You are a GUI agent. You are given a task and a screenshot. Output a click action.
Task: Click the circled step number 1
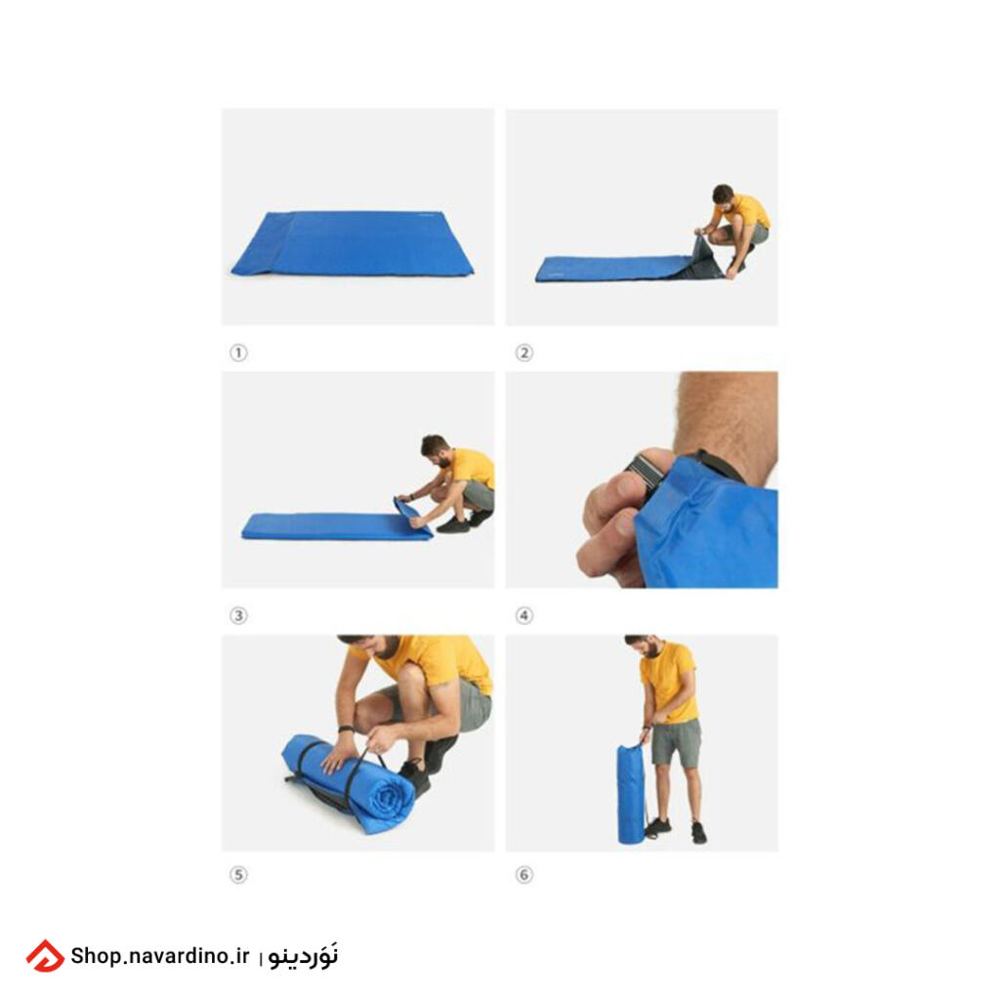tap(238, 353)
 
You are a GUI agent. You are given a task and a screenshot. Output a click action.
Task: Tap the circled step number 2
tap(523, 353)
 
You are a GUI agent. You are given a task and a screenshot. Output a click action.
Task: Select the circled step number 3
tap(238, 615)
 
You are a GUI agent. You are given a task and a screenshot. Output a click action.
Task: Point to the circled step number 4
tap(523, 615)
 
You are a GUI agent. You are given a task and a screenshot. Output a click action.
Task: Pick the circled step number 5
tap(238, 874)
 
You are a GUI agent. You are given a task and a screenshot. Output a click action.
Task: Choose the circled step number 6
tap(523, 874)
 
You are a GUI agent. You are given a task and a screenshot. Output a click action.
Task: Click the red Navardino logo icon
tap(45, 955)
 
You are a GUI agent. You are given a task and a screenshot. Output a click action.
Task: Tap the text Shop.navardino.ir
tap(159, 955)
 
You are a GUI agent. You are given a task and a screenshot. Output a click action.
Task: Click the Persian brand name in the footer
tap(303, 955)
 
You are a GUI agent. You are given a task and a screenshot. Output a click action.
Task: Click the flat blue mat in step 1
tap(354, 242)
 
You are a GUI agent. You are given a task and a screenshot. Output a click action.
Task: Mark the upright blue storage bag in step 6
tap(632, 793)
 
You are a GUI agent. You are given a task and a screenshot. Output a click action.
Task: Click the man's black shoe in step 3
tap(453, 525)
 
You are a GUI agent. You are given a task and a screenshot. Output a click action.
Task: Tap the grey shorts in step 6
tap(676, 743)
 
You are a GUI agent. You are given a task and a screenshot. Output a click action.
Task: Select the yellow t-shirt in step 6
tap(668, 683)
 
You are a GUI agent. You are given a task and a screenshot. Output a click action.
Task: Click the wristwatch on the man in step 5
tap(345, 729)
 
